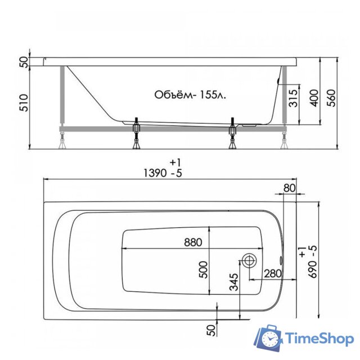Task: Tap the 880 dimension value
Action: [x=192, y=243]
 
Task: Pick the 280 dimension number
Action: [x=272, y=273]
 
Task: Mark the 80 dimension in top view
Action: [x=289, y=188]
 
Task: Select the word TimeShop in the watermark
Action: [x=317, y=339]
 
